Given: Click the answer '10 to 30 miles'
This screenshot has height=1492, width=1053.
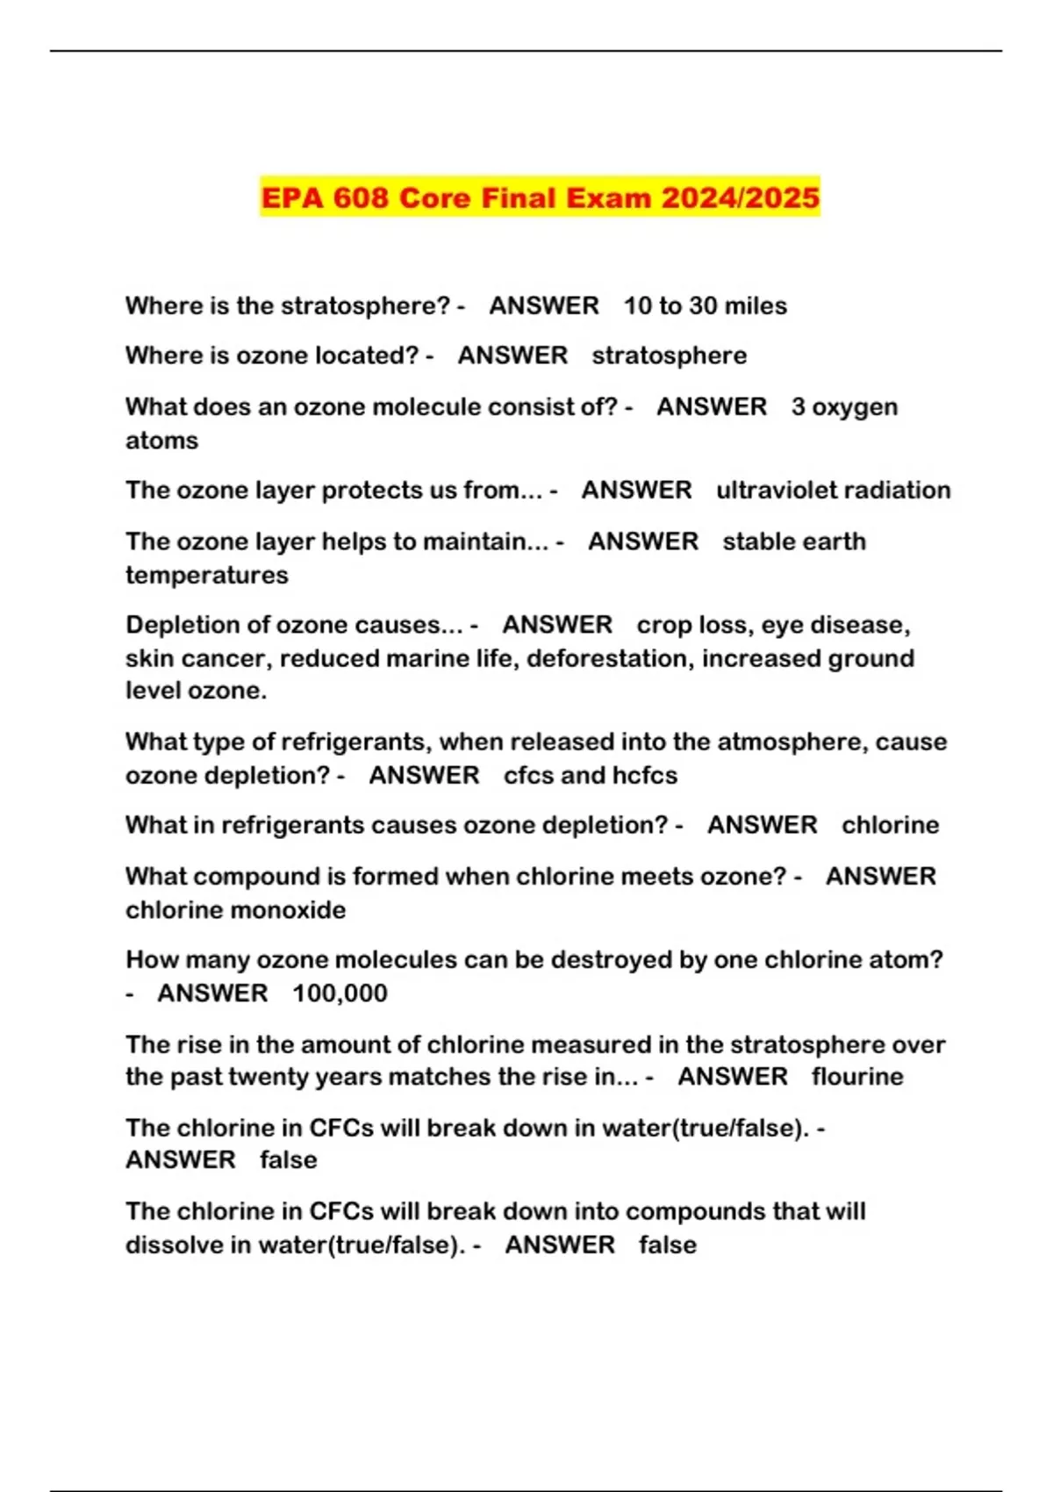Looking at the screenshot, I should click(x=705, y=305).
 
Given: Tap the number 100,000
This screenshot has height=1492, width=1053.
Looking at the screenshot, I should click(x=340, y=993).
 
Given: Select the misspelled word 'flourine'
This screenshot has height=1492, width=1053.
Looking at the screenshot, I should click(x=856, y=1076).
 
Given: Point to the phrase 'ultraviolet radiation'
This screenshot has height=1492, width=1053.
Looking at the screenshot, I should click(x=833, y=490).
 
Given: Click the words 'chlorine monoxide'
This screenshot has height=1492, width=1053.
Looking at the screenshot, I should click(x=235, y=909).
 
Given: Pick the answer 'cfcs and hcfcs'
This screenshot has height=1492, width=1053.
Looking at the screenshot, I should click(x=590, y=775).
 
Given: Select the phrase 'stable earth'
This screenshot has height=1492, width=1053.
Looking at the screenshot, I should click(x=793, y=541).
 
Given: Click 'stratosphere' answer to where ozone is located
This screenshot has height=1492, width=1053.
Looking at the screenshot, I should click(x=669, y=355).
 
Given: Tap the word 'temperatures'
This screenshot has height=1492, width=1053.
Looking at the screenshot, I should click(x=206, y=575).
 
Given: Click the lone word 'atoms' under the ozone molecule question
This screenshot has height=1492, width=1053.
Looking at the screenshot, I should click(x=161, y=440).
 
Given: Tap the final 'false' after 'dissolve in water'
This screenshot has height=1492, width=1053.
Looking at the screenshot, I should click(x=667, y=1245).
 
